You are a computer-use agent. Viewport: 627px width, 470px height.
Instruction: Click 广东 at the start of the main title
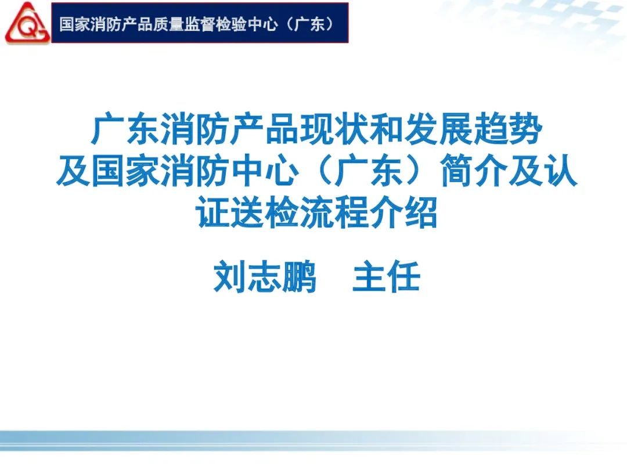point(126,129)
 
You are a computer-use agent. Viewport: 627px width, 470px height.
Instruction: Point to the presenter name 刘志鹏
point(265,277)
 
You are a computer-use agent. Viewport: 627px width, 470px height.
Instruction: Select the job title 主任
point(386,277)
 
